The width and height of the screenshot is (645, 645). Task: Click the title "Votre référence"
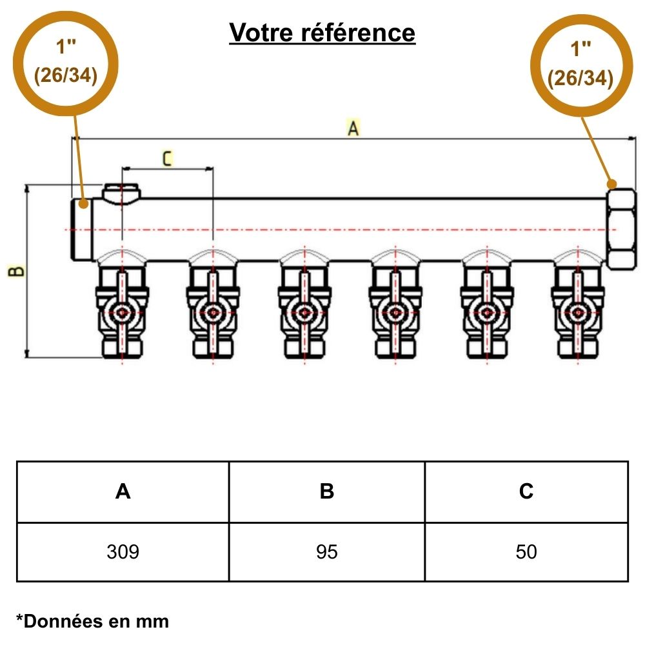[322, 32]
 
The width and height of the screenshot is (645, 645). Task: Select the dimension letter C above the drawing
[167, 158]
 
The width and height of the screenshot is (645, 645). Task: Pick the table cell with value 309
[123, 552]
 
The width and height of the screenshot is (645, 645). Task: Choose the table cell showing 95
[327, 552]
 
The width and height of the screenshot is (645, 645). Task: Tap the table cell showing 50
[526, 552]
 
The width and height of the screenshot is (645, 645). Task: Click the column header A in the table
[123, 492]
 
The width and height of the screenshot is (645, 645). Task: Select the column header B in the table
[327, 492]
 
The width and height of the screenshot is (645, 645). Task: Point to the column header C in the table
[526, 492]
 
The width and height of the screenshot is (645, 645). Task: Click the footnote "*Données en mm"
[92, 621]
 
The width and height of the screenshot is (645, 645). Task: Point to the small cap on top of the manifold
[121, 192]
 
